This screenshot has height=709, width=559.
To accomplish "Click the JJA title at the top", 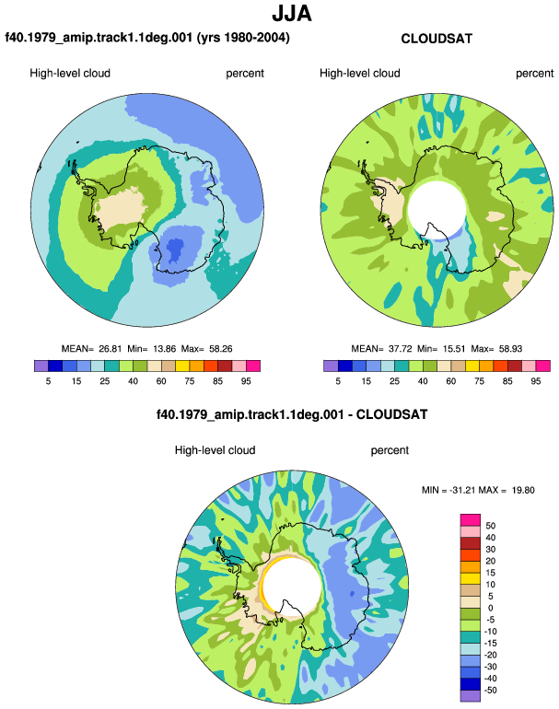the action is click(292, 14).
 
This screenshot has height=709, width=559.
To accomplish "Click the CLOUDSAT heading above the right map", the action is click(437, 39).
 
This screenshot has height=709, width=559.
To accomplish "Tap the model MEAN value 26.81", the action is click(111, 349).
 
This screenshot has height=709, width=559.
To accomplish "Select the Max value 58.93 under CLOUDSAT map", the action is click(510, 349).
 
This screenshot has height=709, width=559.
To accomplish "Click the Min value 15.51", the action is click(454, 349).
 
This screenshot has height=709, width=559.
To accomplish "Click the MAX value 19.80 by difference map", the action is click(523, 490).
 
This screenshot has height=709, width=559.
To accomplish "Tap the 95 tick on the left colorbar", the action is click(246, 381).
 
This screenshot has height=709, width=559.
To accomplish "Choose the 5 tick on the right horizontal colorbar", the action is click(338, 381).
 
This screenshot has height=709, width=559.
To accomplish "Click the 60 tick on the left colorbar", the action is click(161, 381).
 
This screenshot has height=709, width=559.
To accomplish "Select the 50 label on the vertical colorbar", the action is click(490, 526).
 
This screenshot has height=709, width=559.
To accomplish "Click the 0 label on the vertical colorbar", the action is click(490, 608).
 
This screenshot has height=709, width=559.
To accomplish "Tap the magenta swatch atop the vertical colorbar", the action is click(471, 519).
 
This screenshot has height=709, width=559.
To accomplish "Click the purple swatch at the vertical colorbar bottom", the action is click(471, 696).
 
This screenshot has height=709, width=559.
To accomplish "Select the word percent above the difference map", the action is click(390, 450).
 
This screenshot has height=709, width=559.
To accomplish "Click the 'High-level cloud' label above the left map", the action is click(70, 74).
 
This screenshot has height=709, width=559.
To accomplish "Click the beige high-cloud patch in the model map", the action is click(120, 209).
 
